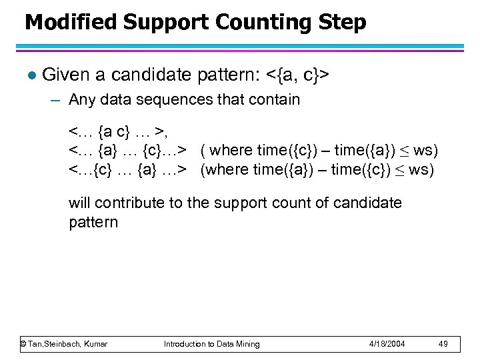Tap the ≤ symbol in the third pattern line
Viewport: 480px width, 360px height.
400,169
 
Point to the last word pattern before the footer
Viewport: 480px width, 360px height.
93,222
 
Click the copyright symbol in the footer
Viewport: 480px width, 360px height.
23,344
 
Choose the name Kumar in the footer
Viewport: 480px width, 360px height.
94,344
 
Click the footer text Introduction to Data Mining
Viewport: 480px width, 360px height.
212,344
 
